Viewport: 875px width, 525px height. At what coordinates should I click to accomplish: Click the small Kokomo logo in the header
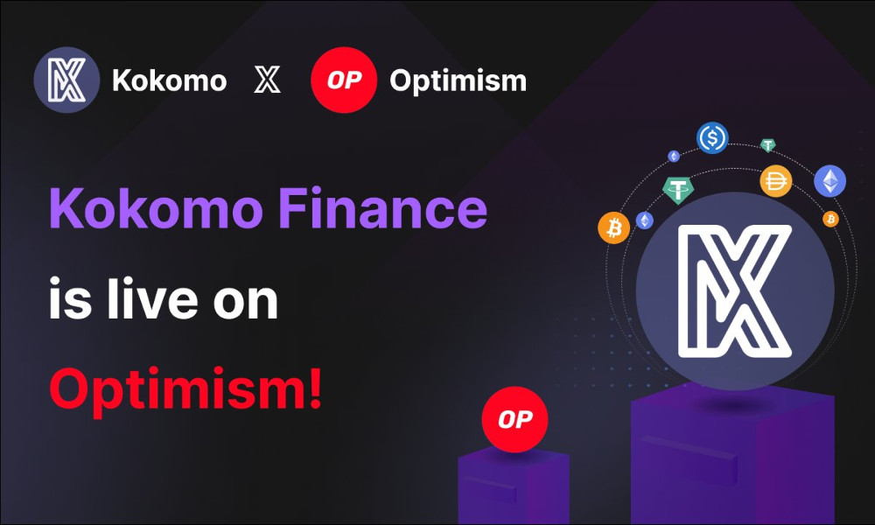click(67, 80)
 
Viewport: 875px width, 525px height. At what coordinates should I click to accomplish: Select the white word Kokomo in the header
click(170, 80)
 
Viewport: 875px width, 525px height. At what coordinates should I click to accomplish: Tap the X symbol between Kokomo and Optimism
click(267, 80)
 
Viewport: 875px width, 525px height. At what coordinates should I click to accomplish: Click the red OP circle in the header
click(344, 80)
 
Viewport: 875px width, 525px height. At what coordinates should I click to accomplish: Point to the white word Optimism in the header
click(458, 81)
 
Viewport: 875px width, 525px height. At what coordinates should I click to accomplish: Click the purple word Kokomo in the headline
click(157, 208)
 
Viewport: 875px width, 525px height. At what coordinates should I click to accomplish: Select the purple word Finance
click(383, 208)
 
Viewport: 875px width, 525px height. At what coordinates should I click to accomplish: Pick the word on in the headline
click(246, 304)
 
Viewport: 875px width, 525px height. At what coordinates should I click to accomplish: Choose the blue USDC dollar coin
click(712, 137)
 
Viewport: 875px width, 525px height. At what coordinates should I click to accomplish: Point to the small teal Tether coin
click(768, 145)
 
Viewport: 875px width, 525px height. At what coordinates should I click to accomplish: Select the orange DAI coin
click(775, 181)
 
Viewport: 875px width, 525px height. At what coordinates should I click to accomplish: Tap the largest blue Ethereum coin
click(829, 181)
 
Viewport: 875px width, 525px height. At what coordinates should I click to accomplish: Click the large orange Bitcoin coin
click(614, 227)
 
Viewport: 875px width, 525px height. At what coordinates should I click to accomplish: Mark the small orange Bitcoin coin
click(830, 219)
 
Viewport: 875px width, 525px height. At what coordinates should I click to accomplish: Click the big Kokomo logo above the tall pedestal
click(735, 290)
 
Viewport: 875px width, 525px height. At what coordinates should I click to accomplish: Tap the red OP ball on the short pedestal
click(515, 419)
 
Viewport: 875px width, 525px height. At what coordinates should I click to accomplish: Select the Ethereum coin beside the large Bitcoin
click(645, 220)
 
